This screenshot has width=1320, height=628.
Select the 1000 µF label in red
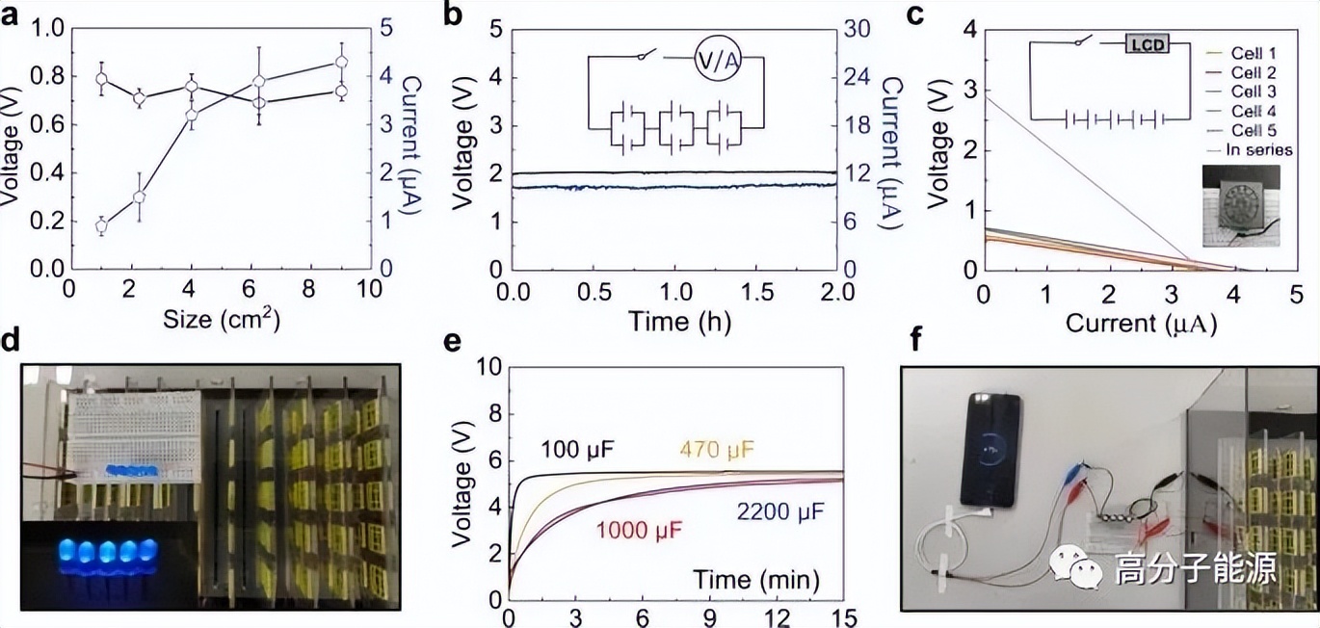(634, 530)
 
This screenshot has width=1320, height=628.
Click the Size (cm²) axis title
(222, 322)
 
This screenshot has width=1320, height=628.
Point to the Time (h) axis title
(675, 322)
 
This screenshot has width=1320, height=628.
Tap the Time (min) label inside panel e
(755, 580)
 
